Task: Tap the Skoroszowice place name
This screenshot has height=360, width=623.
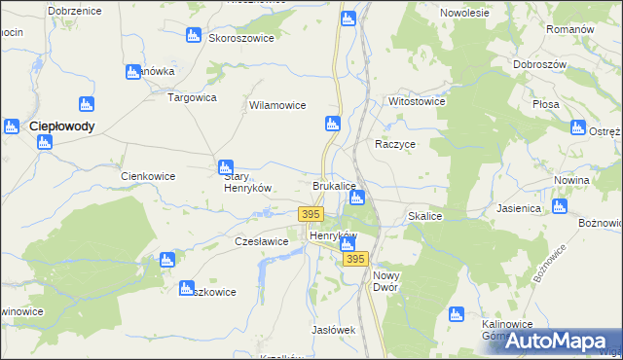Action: coord(239,38)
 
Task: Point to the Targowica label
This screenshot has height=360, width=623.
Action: coord(192,97)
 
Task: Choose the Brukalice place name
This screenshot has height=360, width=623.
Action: coord(334,185)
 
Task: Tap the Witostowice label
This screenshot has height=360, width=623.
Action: coord(417,101)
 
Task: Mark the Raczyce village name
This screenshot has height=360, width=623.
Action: coord(396,143)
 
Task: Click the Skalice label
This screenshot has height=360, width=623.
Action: coord(426,216)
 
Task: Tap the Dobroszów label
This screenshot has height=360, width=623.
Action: coord(543,64)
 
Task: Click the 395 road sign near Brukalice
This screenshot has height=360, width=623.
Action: coord(311,214)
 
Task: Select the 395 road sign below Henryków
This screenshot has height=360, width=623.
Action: coord(355,259)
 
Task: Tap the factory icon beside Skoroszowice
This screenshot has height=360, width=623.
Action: coord(194,35)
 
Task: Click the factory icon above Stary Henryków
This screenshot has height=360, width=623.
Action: coord(225,166)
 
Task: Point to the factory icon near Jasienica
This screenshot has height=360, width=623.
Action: coord(559,206)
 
